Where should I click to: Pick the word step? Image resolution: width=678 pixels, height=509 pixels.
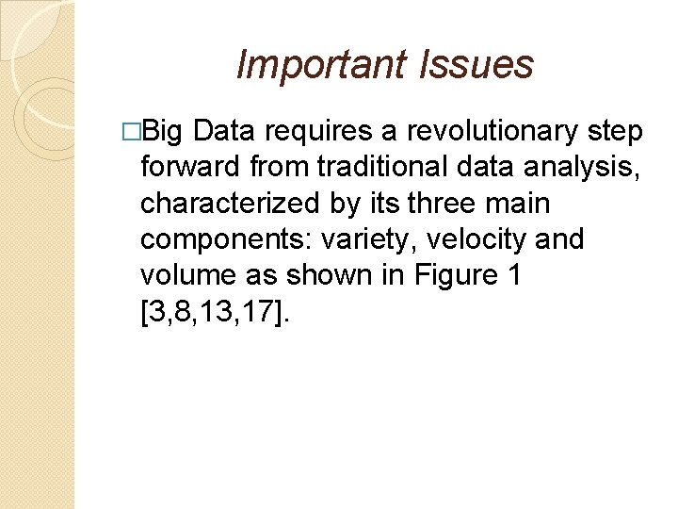pos(614,132)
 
